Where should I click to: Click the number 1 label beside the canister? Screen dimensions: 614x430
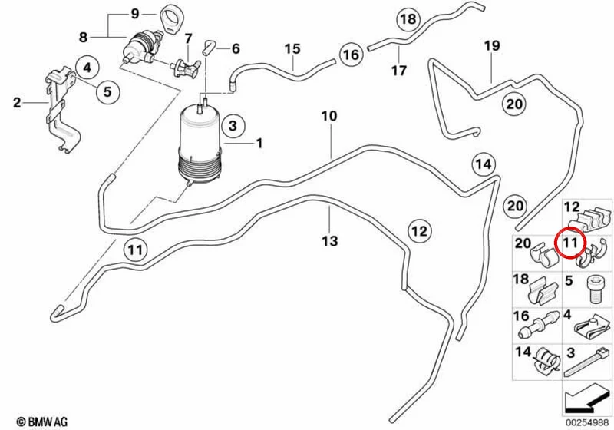pyautogui.click(x=259, y=144)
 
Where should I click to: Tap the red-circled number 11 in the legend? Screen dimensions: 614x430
pyautogui.click(x=569, y=243)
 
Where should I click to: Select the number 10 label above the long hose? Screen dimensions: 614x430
pyautogui.click(x=329, y=116)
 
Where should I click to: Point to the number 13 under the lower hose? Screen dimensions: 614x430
pyautogui.click(x=330, y=241)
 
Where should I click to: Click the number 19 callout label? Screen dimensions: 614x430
pyautogui.click(x=492, y=46)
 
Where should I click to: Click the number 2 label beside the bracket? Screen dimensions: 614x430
pyautogui.click(x=16, y=103)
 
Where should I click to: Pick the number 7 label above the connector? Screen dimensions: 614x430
pyautogui.click(x=188, y=38)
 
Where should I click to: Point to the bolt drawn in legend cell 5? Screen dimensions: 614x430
pyautogui.click(x=593, y=289)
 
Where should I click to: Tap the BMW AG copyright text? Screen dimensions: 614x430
pyautogui.click(x=42, y=422)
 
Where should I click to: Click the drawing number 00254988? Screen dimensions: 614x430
pyautogui.click(x=586, y=422)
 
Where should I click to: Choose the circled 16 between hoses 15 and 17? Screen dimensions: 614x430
pyautogui.click(x=351, y=55)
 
